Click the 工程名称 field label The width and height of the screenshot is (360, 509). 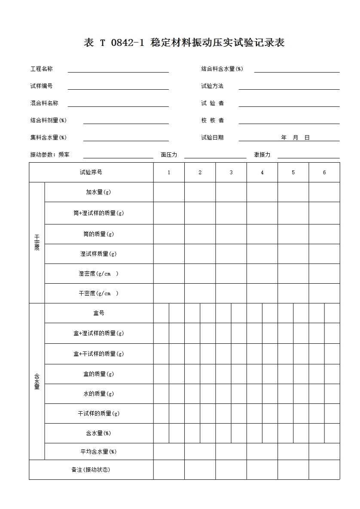coord(42,69)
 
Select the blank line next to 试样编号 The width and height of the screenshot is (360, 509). coord(118,87)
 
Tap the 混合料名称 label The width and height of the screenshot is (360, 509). coord(44,103)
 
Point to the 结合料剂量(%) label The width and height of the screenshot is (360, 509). coord(48,120)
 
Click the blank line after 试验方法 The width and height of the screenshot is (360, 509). coord(289,87)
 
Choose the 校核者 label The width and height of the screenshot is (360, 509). coord(212,120)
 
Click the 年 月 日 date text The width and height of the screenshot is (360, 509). coord(295,138)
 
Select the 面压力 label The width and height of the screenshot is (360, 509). coord(169,155)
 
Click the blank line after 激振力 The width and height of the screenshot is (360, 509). coord(308,156)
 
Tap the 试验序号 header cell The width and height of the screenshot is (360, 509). coord(91,172)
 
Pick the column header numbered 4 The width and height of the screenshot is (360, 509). coord(262,172)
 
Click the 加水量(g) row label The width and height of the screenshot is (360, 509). coord(98,192)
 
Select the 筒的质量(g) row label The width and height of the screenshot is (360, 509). coord(98,234)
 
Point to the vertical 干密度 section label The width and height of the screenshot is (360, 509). coord(37,242)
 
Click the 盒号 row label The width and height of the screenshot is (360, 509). coord(98,313)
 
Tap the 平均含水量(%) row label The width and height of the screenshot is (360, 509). coord(98,451)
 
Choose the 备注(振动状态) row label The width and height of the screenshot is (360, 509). coord(91,470)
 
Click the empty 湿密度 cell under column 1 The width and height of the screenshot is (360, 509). coord(169,273)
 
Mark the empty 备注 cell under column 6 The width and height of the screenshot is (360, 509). coord(324,470)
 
